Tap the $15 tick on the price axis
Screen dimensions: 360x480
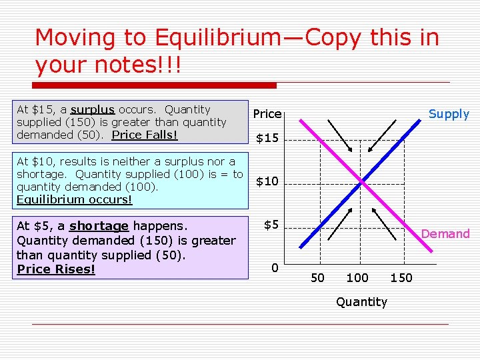[267, 139]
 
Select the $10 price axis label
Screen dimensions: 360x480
[267, 181]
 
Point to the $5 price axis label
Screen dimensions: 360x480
[271, 225]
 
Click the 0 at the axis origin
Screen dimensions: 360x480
[275, 268]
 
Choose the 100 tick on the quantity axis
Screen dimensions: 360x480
[357, 277]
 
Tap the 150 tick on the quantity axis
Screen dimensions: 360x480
[401, 277]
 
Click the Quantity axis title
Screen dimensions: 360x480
[361, 302]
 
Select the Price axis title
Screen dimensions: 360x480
[267, 114]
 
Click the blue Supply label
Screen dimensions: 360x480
[449, 114]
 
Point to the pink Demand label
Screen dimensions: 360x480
[445, 233]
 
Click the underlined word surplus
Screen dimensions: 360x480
[93, 109]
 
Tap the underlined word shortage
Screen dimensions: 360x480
[99, 226]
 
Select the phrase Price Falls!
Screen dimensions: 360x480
[145, 135]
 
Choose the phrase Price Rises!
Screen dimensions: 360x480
[56, 269]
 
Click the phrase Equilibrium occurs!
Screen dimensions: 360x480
[74, 199]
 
